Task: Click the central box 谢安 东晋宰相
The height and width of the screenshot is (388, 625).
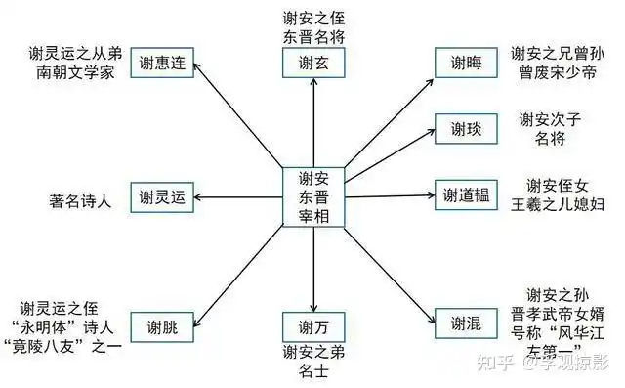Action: pos(312,196)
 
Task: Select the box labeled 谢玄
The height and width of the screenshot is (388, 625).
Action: pos(312,64)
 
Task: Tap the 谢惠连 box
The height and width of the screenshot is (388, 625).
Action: pos(160,62)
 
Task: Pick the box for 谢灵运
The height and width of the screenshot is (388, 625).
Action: pos(162,197)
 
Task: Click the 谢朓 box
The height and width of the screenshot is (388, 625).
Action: pos(162,325)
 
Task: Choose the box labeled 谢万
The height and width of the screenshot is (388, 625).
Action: pos(312,325)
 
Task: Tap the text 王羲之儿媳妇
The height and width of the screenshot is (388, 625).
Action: pos(565,204)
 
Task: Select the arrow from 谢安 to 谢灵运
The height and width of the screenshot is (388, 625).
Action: pos(239,197)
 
